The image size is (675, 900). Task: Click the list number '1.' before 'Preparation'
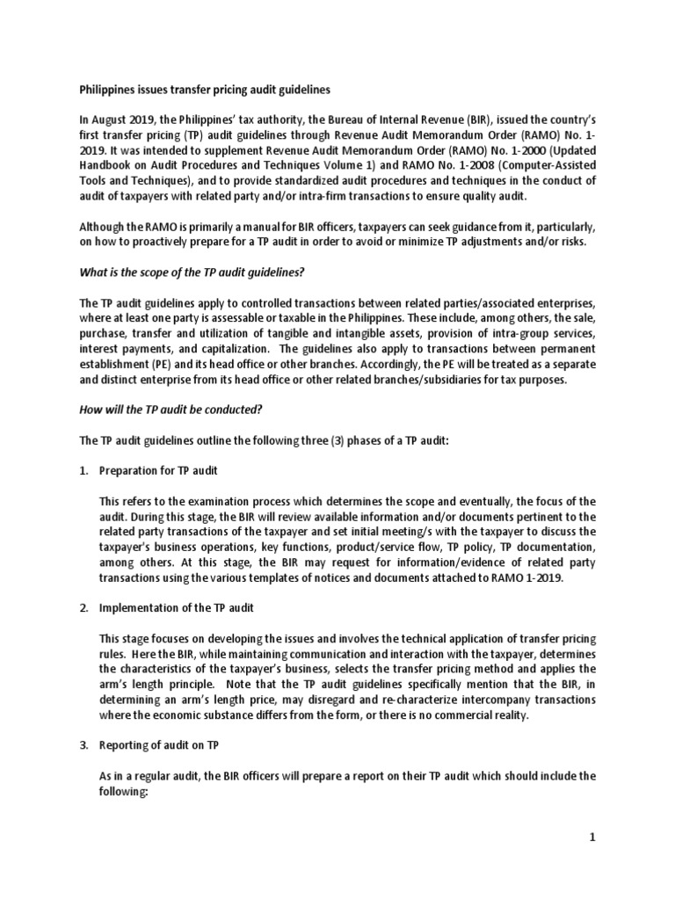click(84, 471)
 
